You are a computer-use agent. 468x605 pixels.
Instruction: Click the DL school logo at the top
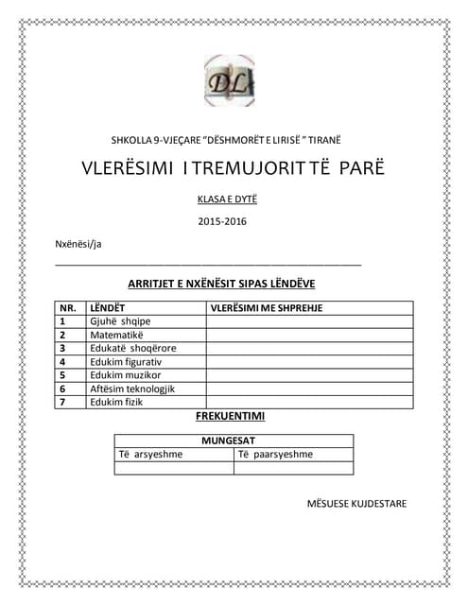click(x=229, y=80)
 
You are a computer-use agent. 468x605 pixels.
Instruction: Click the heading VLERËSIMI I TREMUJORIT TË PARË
click(x=234, y=169)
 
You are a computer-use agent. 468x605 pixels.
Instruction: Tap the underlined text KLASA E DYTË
click(x=227, y=199)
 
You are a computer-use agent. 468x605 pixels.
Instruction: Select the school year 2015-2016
click(x=223, y=222)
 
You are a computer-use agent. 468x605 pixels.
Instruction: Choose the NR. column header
click(x=68, y=308)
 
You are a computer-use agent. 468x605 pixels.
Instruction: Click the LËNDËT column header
click(x=107, y=308)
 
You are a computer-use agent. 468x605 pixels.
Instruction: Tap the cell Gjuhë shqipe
click(x=120, y=321)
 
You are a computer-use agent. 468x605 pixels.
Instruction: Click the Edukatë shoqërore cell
click(x=132, y=348)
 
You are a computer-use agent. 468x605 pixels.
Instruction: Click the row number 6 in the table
click(x=62, y=389)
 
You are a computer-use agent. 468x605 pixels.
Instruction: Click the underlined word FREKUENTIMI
click(x=230, y=416)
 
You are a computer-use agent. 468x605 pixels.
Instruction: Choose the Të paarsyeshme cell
click(x=275, y=455)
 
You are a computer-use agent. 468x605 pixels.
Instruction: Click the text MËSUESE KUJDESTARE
click(x=356, y=504)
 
